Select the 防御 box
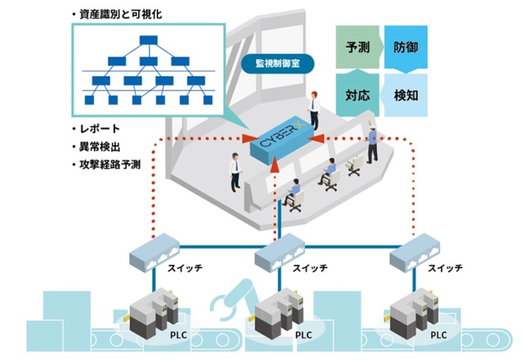[x=406, y=47]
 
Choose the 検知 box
[x=406, y=95]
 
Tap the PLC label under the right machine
[x=439, y=334]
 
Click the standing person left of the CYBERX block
[x=233, y=172]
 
